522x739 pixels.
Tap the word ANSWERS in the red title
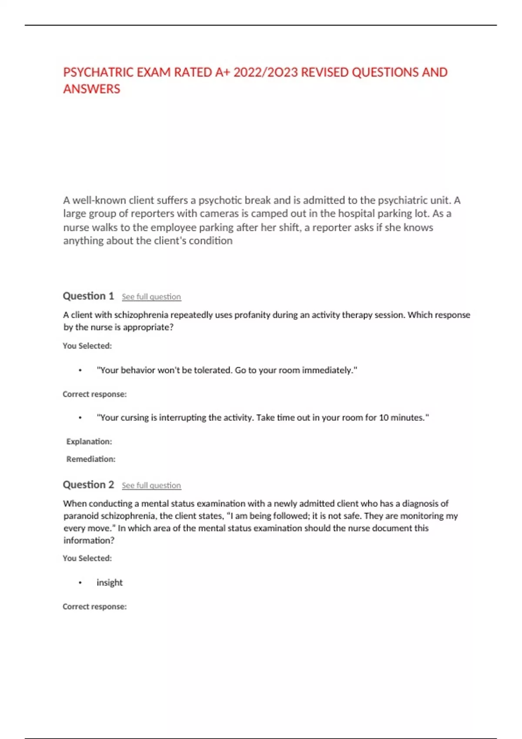click(x=92, y=89)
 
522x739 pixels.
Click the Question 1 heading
click(x=88, y=296)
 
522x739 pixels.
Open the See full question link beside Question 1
click(x=151, y=297)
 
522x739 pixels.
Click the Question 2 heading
click(x=88, y=485)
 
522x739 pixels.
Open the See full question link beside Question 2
click(x=151, y=486)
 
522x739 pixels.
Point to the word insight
click(x=110, y=583)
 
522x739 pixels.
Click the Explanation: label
click(x=89, y=442)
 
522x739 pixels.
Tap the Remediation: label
click(x=91, y=459)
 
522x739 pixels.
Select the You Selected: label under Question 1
click(x=87, y=346)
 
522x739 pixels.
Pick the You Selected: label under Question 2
click(x=87, y=558)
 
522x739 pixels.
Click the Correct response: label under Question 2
click(x=95, y=607)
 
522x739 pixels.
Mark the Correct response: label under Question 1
click(x=95, y=394)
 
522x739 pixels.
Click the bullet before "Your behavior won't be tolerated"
click(x=80, y=370)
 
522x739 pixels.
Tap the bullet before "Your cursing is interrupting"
click(x=80, y=418)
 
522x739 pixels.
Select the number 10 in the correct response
click(x=384, y=418)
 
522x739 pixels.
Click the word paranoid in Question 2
click(x=81, y=516)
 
